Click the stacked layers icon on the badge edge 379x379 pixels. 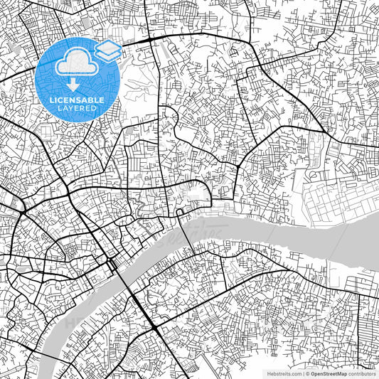coord(108,50)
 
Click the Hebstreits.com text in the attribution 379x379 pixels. coord(284,373)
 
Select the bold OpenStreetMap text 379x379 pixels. coord(327,373)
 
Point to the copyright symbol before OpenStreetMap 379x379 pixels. coord(306,373)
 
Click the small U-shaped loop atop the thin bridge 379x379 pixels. coord(181,211)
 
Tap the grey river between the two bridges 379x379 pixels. coord(160,252)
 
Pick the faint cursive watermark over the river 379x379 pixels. coord(196,235)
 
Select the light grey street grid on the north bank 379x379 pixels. coord(334,196)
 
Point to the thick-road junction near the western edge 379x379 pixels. coord(23,210)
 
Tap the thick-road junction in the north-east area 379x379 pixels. coord(326,132)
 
